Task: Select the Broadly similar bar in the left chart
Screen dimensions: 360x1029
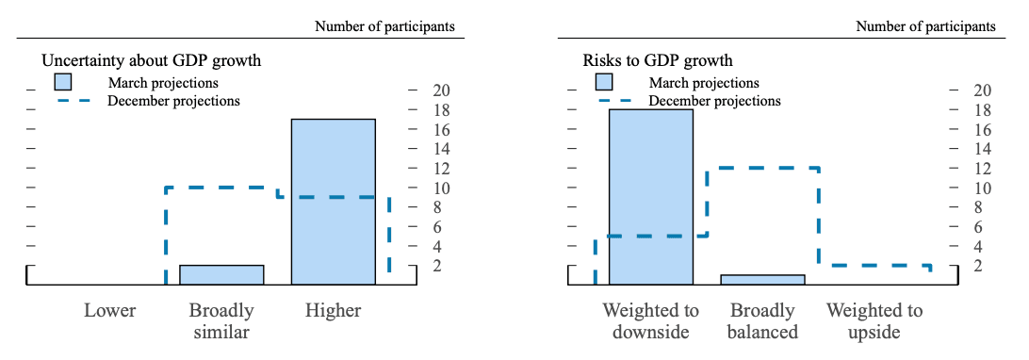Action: tap(221, 274)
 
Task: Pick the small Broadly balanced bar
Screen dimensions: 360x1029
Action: tap(762, 279)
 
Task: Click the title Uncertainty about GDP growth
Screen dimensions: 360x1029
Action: tap(151, 61)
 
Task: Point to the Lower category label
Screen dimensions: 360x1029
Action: tap(109, 310)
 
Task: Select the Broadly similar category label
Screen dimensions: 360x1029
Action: tap(221, 320)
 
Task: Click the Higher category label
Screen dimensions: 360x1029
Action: tap(333, 310)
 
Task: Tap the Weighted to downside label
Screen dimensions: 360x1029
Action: tap(651, 320)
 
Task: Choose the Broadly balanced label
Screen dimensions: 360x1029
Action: tap(762, 320)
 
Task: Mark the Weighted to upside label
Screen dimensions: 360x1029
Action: tap(874, 320)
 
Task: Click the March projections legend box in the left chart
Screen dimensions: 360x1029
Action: tap(63, 82)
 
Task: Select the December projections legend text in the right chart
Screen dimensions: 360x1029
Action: tap(715, 100)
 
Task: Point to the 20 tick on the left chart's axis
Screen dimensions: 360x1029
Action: tap(441, 90)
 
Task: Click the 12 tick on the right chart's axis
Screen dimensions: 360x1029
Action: tap(982, 169)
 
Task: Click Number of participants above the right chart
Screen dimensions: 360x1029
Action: tap(925, 26)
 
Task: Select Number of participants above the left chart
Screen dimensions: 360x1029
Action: tap(384, 26)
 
